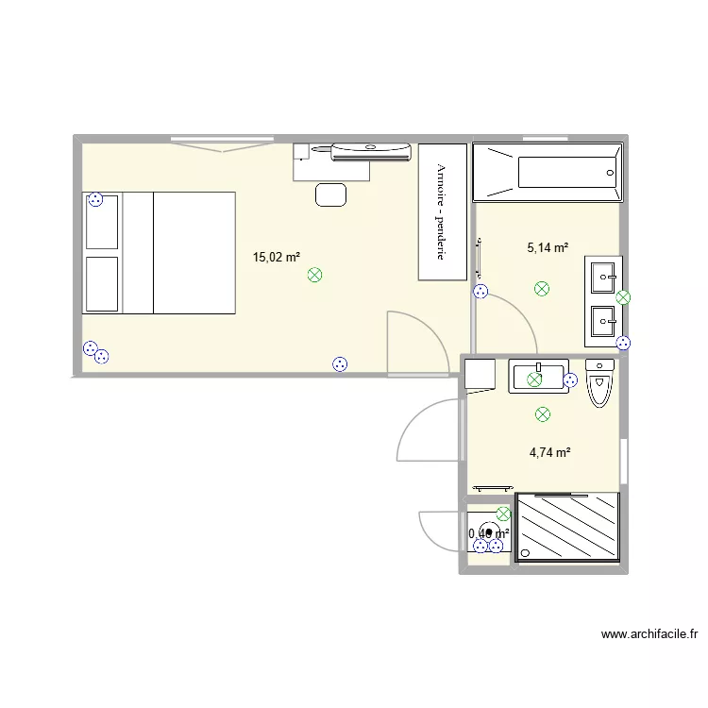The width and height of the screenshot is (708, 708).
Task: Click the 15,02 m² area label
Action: click(276, 256)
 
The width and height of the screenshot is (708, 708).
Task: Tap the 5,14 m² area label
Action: click(548, 248)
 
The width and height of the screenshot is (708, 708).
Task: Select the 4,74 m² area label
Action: click(549, 452)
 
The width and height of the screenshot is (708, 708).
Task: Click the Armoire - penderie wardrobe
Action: click(443, 211)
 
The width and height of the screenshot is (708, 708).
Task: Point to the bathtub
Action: click(548, 172)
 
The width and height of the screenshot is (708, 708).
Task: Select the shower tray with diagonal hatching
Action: click(567, 528)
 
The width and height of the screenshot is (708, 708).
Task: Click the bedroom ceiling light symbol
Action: click(315, 276)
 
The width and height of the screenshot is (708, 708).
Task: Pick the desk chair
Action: click(330, 194)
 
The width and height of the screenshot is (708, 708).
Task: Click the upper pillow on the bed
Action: click(102, 224)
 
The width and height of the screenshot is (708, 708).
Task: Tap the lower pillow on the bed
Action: click(102, 283)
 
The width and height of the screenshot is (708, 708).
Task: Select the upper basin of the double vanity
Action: click(603, 276)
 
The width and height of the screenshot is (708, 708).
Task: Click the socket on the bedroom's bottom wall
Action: click(340, 363)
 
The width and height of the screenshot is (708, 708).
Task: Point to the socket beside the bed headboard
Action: click(95, 199)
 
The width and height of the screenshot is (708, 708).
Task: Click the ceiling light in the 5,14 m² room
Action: click(542, 288)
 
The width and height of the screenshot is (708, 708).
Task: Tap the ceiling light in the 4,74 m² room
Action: click(542, 413)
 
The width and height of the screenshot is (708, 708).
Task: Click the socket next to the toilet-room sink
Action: click(570, 380)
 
